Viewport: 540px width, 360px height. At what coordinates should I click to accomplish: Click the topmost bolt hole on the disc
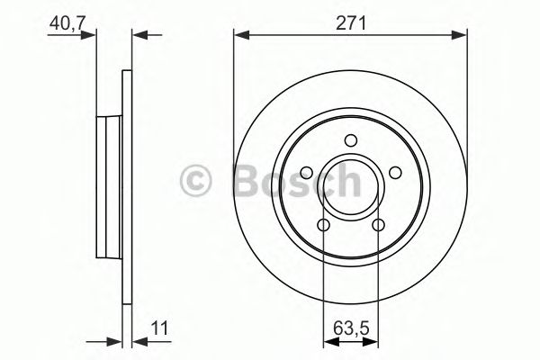[351, 139]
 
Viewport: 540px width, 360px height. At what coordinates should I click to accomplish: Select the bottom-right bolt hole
[378, 225]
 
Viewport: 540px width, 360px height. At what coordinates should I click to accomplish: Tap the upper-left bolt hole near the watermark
[307, 173]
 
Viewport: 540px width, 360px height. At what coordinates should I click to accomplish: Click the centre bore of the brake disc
[351, 186]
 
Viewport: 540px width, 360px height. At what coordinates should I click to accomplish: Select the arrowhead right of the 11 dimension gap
[139, 341]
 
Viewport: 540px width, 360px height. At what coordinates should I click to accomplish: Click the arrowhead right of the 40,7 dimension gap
[139, 35]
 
